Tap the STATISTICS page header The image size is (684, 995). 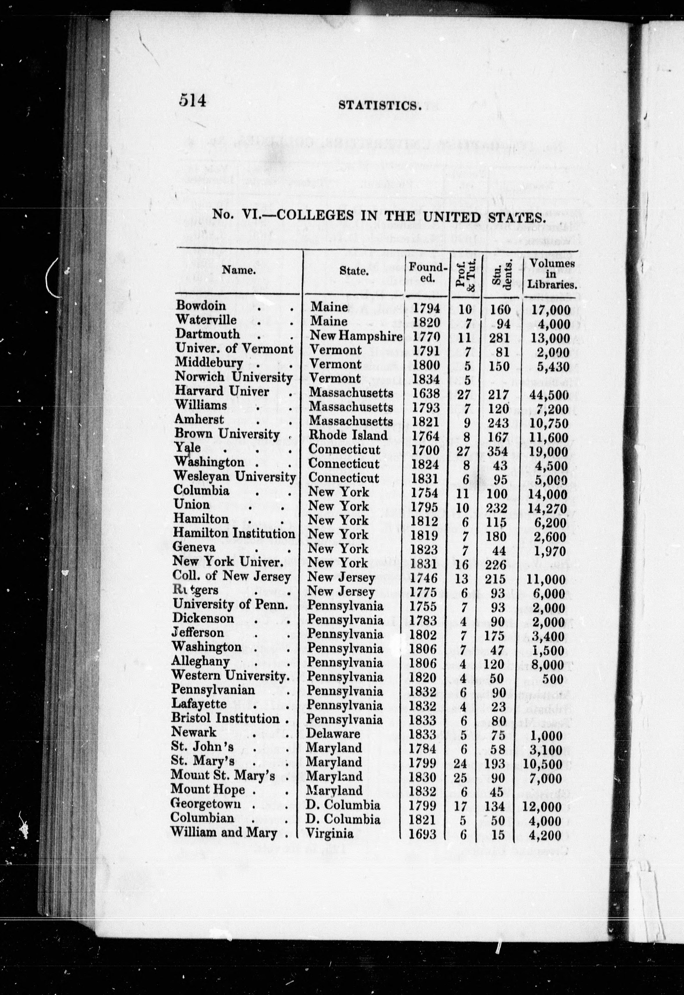tap(378, 105)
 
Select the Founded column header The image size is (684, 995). tap(428, 272)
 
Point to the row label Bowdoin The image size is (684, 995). tap(201, 305)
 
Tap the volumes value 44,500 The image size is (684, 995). tap(550, 395)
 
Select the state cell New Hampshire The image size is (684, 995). tap(356, 336)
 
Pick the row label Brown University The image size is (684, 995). tap(227, 434)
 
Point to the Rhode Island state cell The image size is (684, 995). tap(348, 435)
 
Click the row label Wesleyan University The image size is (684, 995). tap(234, 477)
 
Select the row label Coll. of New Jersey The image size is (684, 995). tap(231, 577)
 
